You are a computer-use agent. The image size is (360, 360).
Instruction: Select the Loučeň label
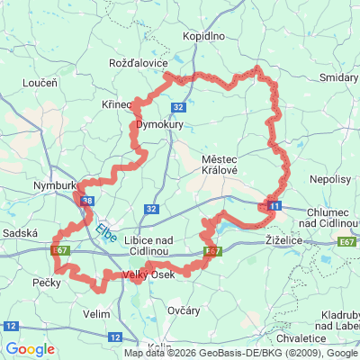point(39,82)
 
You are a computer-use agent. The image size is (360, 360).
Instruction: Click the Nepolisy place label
point(330,180)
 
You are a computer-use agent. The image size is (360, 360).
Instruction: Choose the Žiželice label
point(289,242)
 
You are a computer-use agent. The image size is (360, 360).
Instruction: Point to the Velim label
point(95,314)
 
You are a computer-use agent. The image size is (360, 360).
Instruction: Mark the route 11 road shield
point(274,207)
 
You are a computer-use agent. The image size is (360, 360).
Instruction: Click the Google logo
point(31,349)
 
